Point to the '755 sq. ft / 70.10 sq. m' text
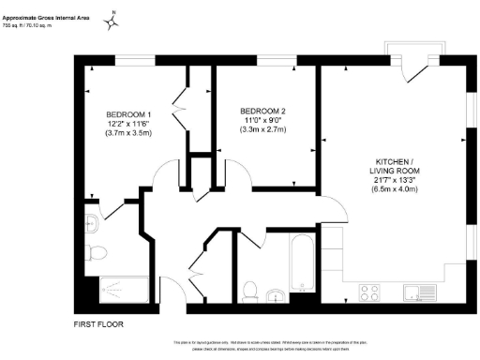click(x=34, y=27)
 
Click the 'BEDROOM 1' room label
click(x=129, y=114)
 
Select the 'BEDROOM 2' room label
click(x=262, y=111)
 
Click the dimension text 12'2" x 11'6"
click(x=129, y=124)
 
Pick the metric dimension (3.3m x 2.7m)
click(x=262, y=130)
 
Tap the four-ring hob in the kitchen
click(x=369, y=292)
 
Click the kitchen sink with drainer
click(x=416, y=292)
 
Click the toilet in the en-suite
click(x=100, y=251)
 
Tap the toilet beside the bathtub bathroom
click(x=249, y=292)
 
